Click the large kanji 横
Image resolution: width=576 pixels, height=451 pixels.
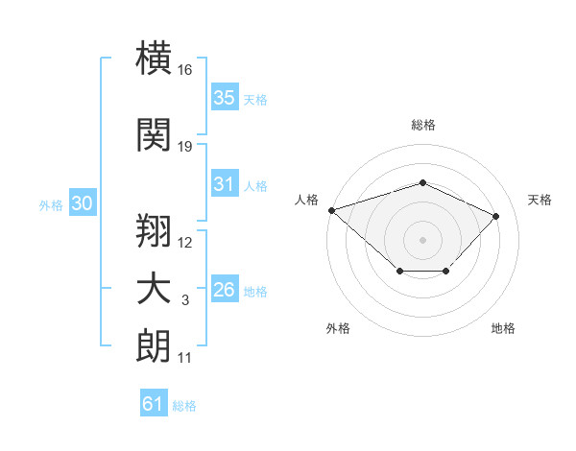click(x=154, y=58)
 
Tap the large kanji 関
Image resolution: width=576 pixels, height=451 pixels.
click(x=154, y=134)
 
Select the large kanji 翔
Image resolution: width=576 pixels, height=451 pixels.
click(x=154, y=230)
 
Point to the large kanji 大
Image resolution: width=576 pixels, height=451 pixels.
click(x=154, y=289)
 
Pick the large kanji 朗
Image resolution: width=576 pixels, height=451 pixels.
click(x=154, y=345)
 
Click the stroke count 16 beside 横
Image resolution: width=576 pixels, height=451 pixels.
click(x=184, y=70)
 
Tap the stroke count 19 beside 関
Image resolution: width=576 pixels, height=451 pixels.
click(x=184, y=147)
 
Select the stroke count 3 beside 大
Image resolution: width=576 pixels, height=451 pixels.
click(x=185, y=300)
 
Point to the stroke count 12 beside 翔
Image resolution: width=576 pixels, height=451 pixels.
click(x=184, y=243)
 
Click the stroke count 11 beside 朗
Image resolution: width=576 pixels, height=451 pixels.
click(x=184, y=358)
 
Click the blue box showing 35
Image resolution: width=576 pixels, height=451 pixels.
click(x=225, y=97)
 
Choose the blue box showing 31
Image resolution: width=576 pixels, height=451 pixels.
click(x=225, y=183)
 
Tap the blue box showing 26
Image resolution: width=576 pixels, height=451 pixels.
click(x=225, y=288)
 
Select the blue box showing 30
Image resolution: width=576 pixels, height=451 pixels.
click(x=83, y=202)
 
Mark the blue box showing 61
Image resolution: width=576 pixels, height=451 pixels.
click(x=154, y=402)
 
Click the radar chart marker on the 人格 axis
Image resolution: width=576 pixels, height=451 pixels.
click(x=332, y=210)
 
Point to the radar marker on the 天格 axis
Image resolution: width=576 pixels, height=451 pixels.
click(x=495, y=216)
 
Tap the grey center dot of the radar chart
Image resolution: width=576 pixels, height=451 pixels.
click(x=422, y=240)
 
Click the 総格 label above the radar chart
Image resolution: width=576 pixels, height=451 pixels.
click(x=423, y=125)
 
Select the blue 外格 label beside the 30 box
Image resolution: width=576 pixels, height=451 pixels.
click(x=51, y=205)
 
